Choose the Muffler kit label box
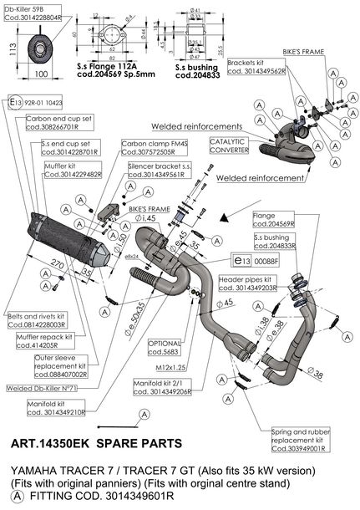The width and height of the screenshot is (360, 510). [72, 170]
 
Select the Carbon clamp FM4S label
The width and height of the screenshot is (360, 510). [150, 148]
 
